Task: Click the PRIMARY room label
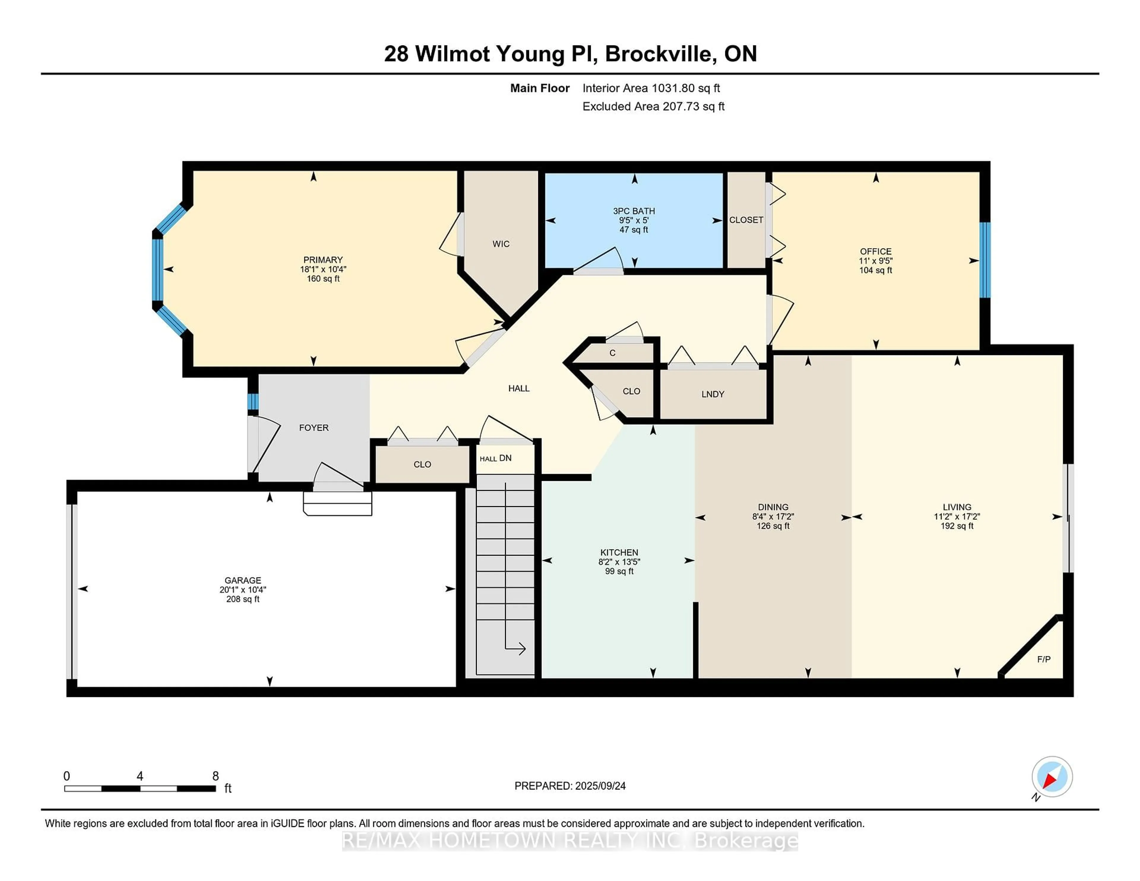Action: click(x=323, y=260)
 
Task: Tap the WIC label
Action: click(x=501, y=244)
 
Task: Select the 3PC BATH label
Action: click(x=634, y=211)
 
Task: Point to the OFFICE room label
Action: click(x=875, y=251)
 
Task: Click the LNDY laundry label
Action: click(x=712, y=394)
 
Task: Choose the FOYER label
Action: click(x=314, y=427)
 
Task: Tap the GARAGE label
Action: click(x=243, y=580)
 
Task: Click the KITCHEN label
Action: click(x=619, y=552)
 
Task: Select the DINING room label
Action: click(x=773, y=507)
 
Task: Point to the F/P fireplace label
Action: click(x=1044, y=659)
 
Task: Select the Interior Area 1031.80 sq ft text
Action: click(x=651, y=88)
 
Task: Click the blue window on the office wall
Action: click(x=984, y=260)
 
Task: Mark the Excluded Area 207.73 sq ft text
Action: click(x=653, y=107)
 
